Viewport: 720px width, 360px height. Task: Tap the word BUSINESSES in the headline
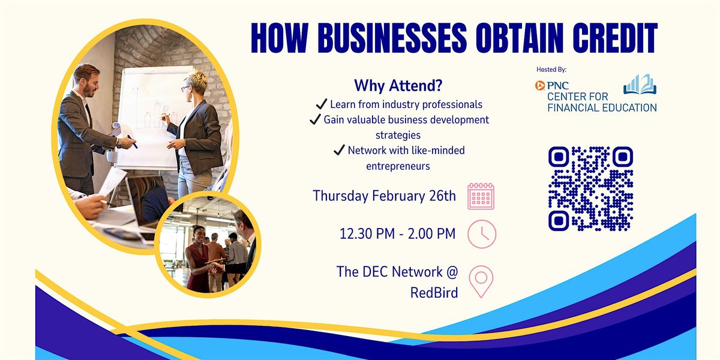(392, 38)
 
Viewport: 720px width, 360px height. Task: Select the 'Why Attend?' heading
(398, 85)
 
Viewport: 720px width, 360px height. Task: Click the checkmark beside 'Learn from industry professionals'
(322, 104)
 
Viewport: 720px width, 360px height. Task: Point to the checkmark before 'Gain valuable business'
(316, 119)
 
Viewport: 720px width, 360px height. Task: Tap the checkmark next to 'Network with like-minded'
(340, 150)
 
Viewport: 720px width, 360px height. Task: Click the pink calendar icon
(481, 196)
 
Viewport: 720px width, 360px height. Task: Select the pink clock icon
(482, 234)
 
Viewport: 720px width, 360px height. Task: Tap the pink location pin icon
(481, 281)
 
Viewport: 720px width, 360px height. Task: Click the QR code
(591, 188)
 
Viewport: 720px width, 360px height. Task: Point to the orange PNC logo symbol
(540, 85)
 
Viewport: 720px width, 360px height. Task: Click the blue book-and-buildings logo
(640, 84)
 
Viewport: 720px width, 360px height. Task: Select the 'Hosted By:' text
(551, 70)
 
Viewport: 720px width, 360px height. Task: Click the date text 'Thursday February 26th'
(385, 196)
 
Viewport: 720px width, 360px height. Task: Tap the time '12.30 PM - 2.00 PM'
(398, 233)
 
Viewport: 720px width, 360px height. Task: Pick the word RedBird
(434, 293)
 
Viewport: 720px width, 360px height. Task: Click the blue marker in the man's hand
(132, 142)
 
